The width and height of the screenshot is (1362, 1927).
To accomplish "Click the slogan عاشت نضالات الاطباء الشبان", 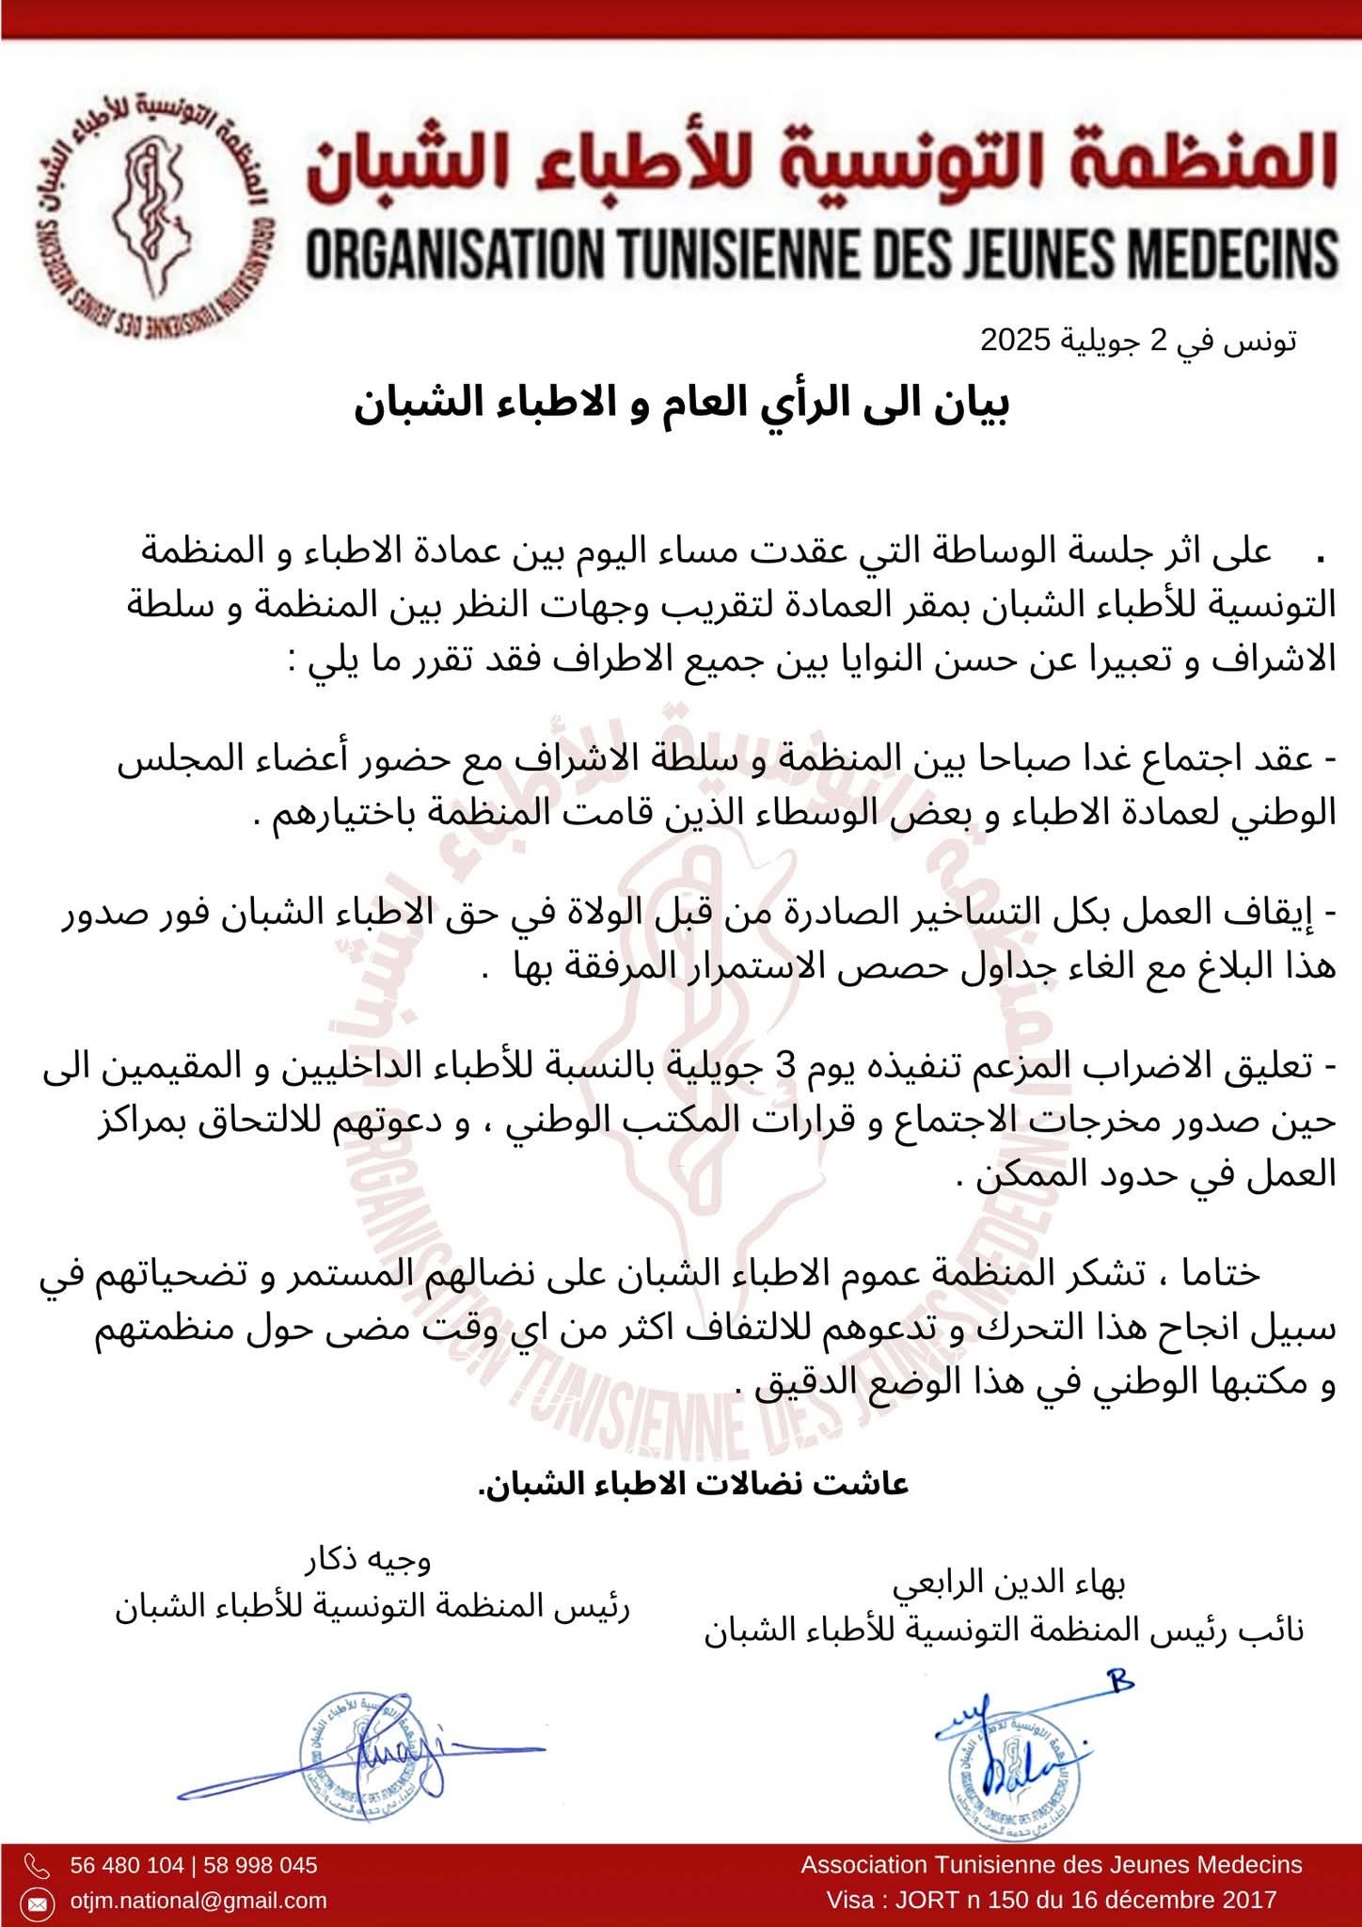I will point(694,1484).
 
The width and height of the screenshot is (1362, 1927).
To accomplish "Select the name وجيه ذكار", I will point(368,1561).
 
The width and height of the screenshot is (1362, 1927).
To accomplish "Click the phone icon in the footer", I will point(37,1865).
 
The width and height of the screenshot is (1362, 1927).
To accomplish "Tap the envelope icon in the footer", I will point(37,1901).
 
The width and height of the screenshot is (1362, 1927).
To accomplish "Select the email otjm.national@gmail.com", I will point(198,1901).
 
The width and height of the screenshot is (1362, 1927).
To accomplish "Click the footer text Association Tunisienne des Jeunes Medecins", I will point(1051,1865).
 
